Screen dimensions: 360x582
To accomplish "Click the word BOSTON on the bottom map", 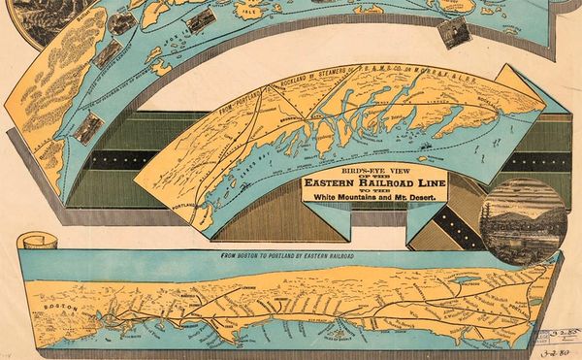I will click(56, 304).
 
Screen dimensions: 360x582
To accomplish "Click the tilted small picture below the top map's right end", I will click(454, 30).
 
